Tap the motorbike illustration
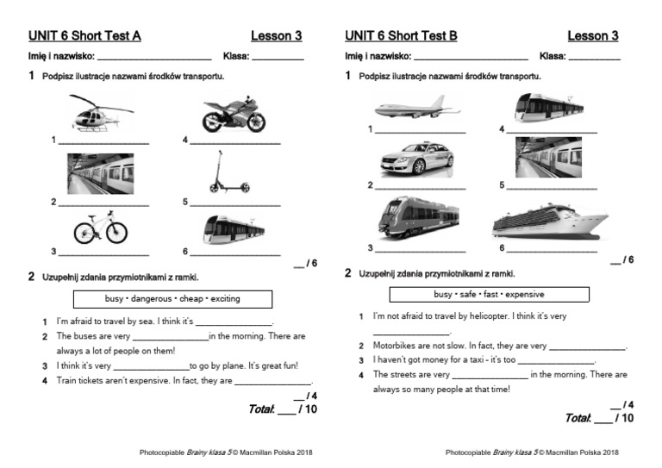(234, 115)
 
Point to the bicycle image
(100, 228)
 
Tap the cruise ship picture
(550, 222)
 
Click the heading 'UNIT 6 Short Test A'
(84, 35)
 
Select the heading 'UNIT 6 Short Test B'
(401, 35)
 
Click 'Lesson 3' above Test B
(592, 35)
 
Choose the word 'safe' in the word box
(466, 294)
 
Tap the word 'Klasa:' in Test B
(553, 56)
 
